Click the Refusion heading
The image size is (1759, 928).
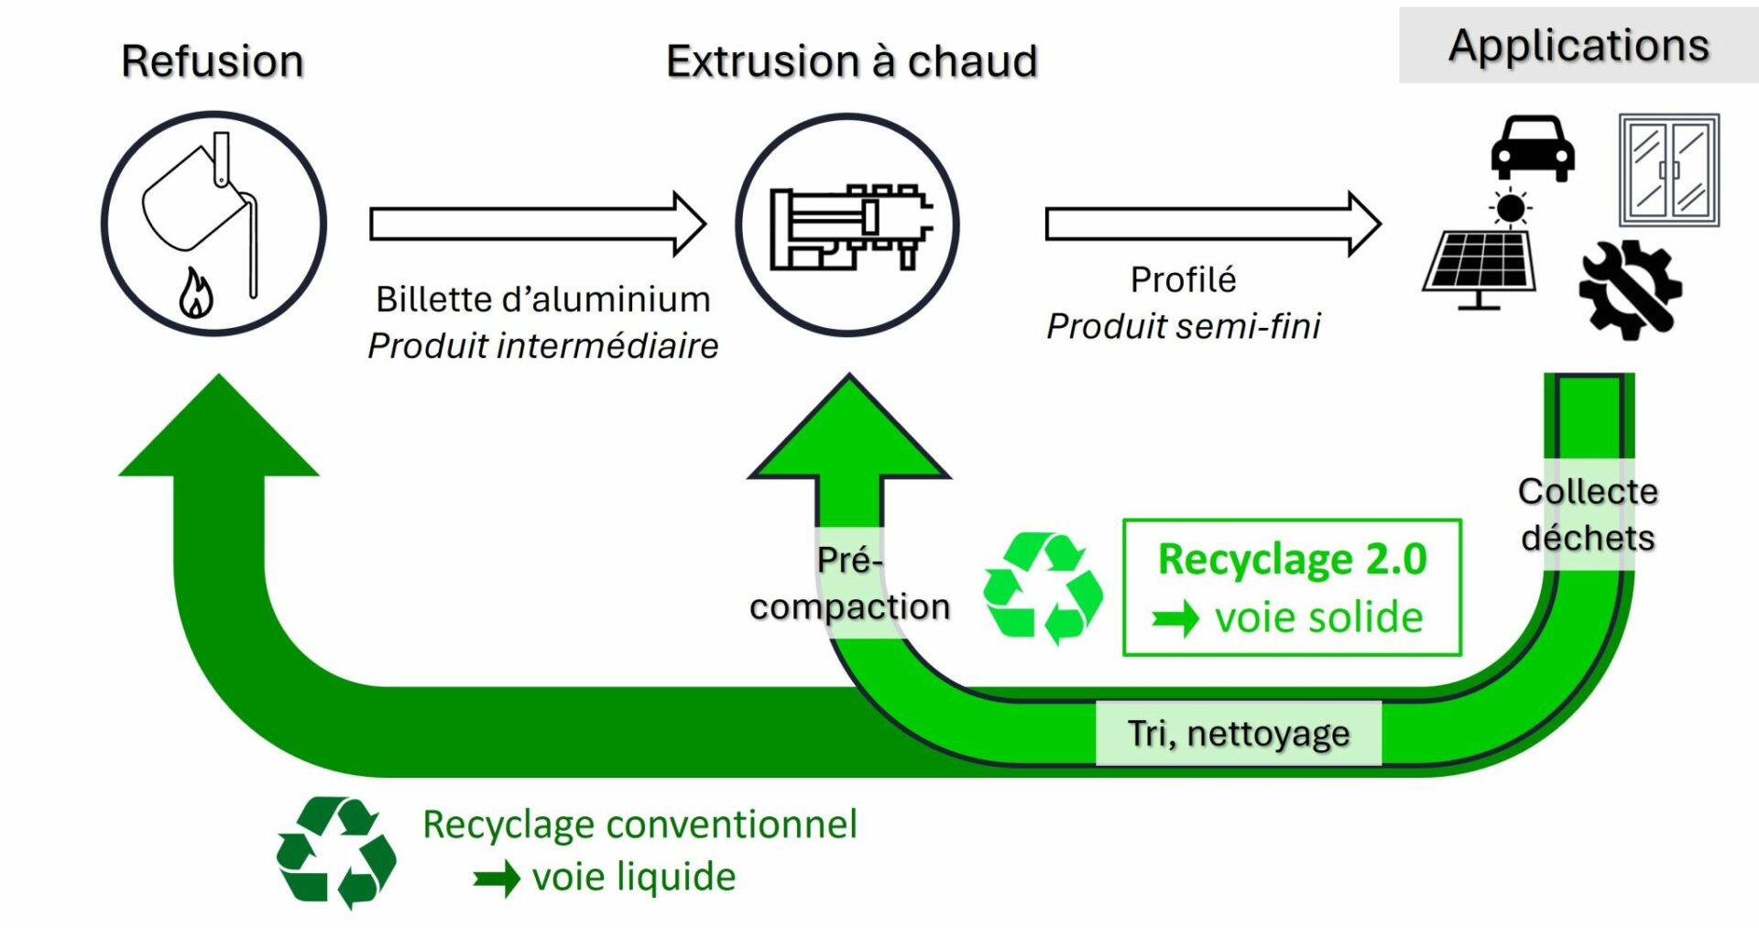pyautogui.click(x=213, y=61)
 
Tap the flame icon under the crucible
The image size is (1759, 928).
pyautogui.click(x=196, y=292)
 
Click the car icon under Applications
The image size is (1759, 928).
pyautogui.click(x=1533, y=148)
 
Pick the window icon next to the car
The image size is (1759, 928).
pyautogui.click(x=1668, y=170)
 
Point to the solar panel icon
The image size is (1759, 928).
pyautogui.click(x=1480, y=261)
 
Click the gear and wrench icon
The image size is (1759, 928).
pyautogui.click(x=1630, y=289)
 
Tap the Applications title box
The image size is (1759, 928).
pyautogui.click(x=1578, y=45)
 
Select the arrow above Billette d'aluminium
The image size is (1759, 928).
pyautogui.click(x=537, y=224)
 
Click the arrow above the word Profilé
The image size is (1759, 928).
pyautogui.click(x=1212, y=224)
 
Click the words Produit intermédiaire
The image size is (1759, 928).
pyautogui.click(x=542, y=346)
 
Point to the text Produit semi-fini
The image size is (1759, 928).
pyautogui.click(x=1183, y=326)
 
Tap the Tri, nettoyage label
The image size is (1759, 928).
pyautogui.click(x=1238, y=734)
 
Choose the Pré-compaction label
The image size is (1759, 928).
pyautogui.click(x=849, y=584)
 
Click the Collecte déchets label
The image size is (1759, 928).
pyautogui.click(x=1588, y=514)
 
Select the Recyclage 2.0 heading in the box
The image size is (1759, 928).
pyautogui.click(x=1292, y=559)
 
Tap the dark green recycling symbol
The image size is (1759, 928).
pyautogui.click(x=336, y=851)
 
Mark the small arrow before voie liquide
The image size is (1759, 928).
pyautogui.click(x=497, y=879)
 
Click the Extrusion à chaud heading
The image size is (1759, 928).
pyautogui.click(x=851, y=61)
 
